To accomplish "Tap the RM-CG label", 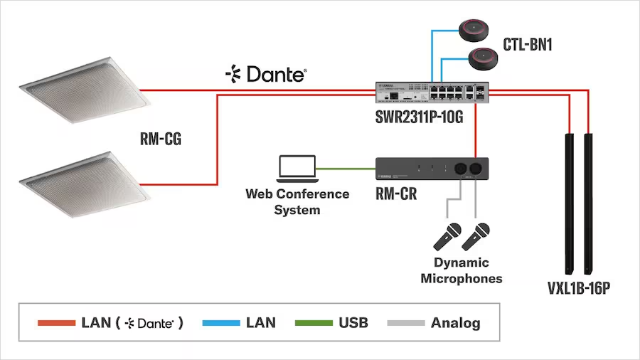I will pyautogui.click(x=161, y=139).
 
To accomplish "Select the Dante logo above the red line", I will pyautogui.click(x=266, y=73).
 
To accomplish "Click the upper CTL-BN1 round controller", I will pyautogui.click(x=478, y=31).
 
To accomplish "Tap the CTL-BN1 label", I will pyautogui.click(x=527, y=45).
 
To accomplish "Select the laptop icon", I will pyautogui.click(x=297, y=168).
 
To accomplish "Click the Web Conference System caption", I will pyautogui.click(x=297, y=201).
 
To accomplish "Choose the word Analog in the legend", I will pyautogui.click(x=455, y=323).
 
